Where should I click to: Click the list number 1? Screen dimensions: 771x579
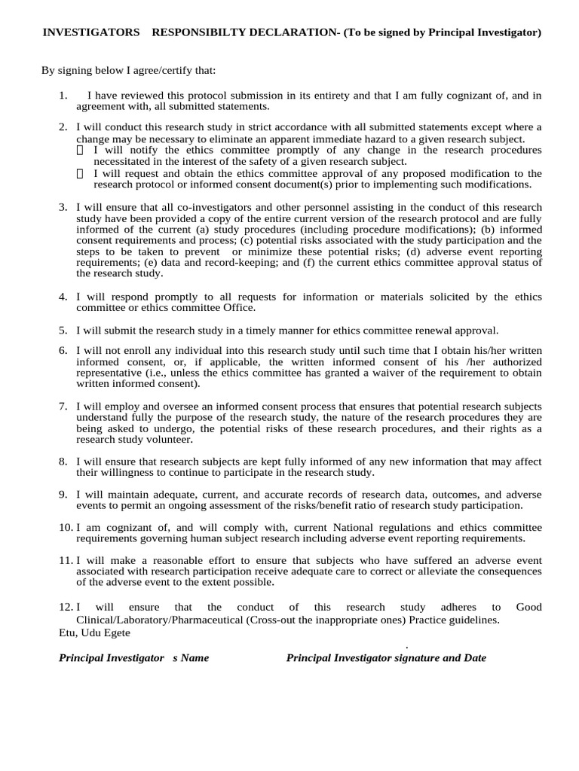[x=63, y=96]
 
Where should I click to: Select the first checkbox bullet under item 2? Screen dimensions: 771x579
[x=81, y=151]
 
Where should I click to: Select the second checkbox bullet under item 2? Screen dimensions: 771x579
[x=81, y=174]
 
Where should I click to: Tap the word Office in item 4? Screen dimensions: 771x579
[x=239, y=308]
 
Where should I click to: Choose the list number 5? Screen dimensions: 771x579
[x=63, y=331]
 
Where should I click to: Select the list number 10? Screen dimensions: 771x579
[x=65, y=528]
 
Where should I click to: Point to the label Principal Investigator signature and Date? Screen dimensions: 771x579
[x=386, y=658]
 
